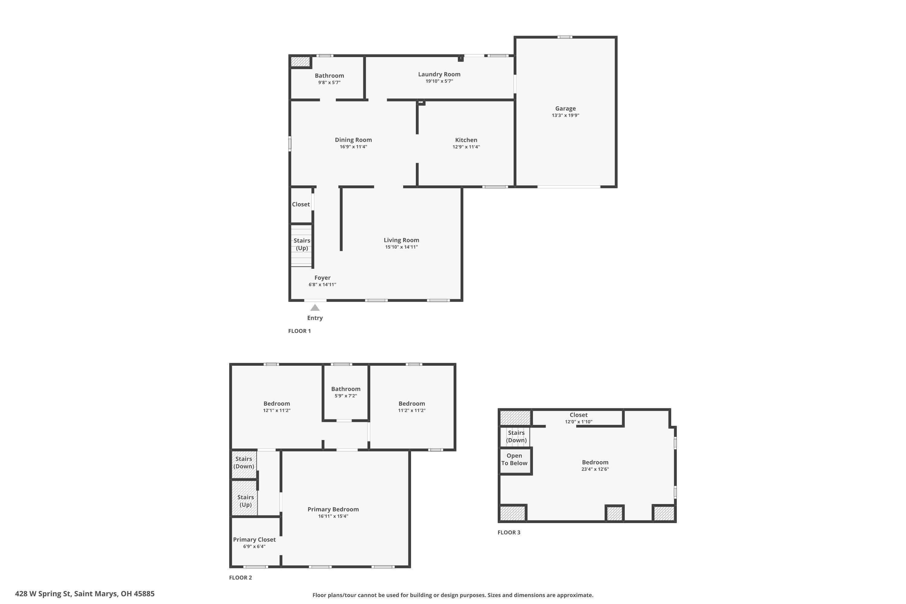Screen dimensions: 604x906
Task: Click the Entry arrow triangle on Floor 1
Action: coord(315,307)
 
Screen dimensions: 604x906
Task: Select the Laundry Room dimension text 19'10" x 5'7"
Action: coord(439,81)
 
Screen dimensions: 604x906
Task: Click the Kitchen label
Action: coord(466,140)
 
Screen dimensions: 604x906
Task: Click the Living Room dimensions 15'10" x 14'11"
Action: coord(401,247)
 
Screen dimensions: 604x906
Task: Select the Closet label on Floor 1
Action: coord(300,204)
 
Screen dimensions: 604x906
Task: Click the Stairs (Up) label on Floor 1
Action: coord(302,244)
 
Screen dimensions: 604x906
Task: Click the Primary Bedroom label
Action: coord(333,509)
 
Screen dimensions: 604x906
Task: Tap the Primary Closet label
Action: coord(254,539)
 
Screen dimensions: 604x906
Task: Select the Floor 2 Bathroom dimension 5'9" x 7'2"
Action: coord(345,396)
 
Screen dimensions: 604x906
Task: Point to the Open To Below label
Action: coord(514,459)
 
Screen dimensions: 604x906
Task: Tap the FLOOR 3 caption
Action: coord(509,532)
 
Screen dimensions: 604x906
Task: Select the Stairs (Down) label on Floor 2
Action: coord(243,462)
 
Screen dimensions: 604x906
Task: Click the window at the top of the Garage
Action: coord(564,37)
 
